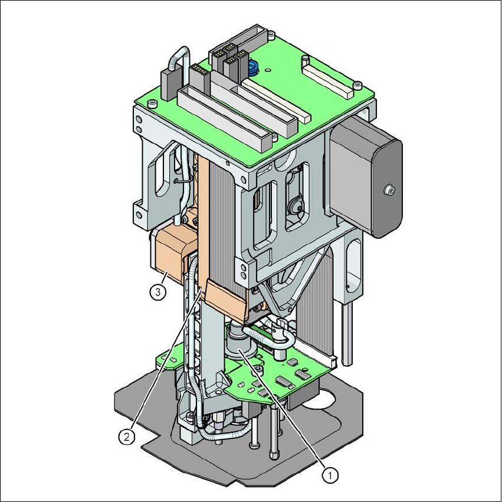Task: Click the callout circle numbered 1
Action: pyautogui.click(x=330, y=475)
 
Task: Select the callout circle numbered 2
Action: pyautogui.click(x=127, y=436)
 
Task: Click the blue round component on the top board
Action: pyautogui.click(x=253, y=68)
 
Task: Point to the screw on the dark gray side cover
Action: pyautogui.click(x=389, y=190)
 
